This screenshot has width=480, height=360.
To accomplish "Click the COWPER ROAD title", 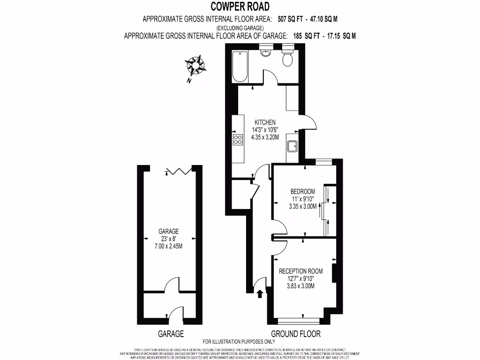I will click(240, 6).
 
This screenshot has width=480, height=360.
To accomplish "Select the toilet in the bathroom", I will click(287, 58).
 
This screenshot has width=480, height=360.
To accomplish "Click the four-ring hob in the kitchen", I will click(238, 139).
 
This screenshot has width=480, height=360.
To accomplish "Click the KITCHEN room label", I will click(265, 122).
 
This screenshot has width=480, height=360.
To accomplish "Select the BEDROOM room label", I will click(302, 192).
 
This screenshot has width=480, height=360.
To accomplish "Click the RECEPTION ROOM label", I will click(300, 271).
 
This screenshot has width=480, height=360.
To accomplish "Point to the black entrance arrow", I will click(260, 293).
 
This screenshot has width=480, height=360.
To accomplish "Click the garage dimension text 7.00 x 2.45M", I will click(168, 246).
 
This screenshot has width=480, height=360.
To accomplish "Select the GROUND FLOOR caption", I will click(296, 334).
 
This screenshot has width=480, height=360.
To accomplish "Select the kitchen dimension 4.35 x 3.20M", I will click(265, 137).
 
